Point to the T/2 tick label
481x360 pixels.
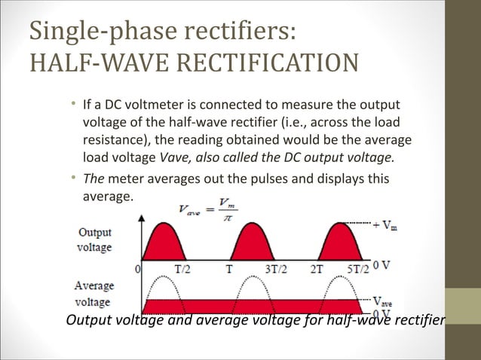click(182, 267)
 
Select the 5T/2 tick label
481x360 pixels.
click(358, 267)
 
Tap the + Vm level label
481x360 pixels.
click(385, 224)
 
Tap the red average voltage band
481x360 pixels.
click(256, 306)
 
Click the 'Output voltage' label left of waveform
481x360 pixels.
click(94, 240)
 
